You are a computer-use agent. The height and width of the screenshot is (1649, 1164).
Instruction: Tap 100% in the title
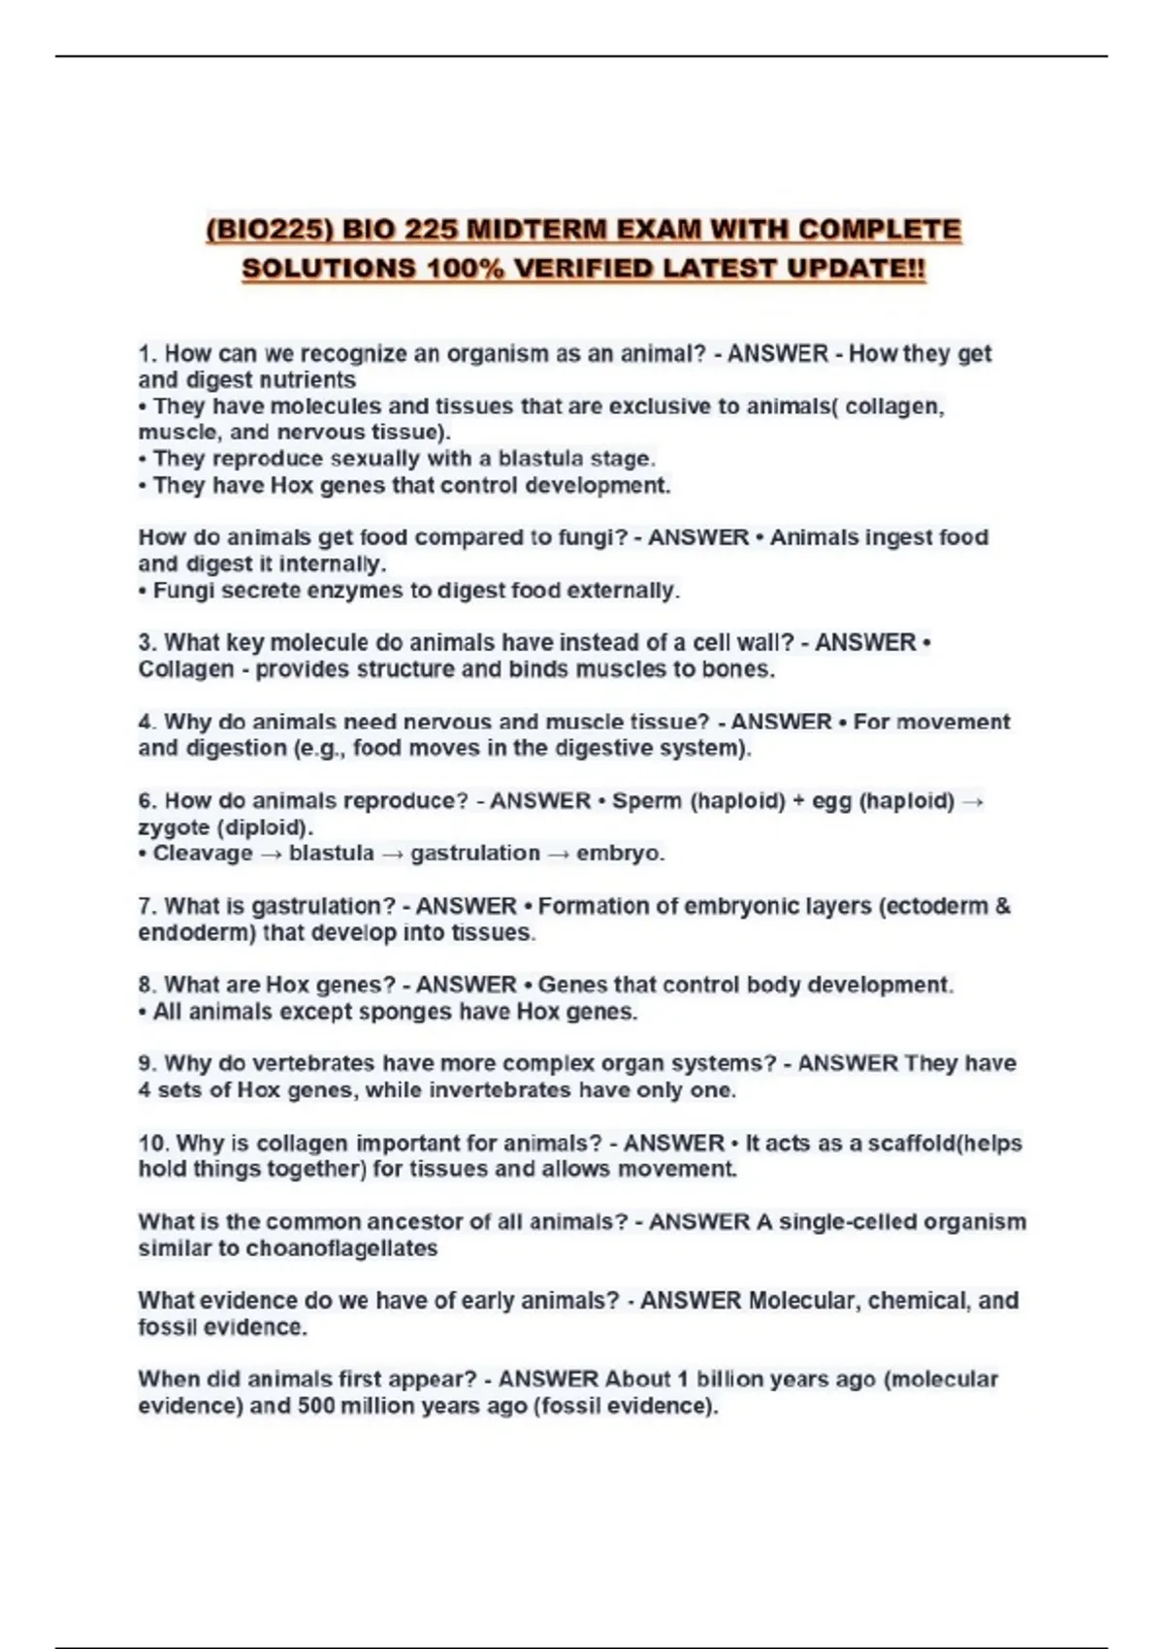[465, 268]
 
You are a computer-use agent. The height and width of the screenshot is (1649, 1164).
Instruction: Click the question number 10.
[152, 1143]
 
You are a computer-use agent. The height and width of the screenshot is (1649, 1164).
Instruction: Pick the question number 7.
[146, 906]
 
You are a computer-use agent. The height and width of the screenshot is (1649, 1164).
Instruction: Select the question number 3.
[146, 642]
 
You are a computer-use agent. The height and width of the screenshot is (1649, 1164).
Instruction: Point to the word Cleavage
[203, 854]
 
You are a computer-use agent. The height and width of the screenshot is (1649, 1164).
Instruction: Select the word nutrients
[307, 380]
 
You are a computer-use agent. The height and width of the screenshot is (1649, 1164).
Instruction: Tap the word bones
[744, 669]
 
